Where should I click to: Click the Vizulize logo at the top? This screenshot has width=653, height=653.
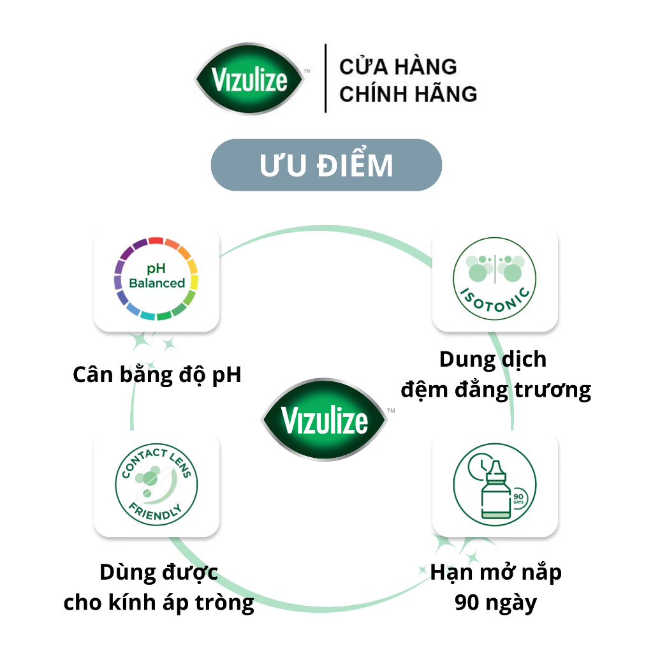250,78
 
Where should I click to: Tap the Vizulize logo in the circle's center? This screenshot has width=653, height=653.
325,420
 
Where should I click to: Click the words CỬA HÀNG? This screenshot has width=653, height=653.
398,66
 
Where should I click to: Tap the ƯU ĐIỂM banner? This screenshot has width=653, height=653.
326,165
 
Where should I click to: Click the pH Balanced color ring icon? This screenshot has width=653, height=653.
156,279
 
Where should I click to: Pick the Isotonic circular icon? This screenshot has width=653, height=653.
494,279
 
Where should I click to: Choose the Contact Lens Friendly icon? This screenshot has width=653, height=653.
156,484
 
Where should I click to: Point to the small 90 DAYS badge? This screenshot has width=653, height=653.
518,498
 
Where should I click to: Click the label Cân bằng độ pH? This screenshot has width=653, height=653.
157,375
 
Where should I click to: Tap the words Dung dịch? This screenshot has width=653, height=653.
493,359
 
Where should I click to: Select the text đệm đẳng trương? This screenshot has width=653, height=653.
495,390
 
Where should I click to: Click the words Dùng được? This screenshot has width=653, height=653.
159,572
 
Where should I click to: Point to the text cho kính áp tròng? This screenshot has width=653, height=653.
159,603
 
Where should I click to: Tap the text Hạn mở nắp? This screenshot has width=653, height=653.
495,572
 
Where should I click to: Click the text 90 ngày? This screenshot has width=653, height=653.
495,603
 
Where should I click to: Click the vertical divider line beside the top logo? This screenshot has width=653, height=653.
325,78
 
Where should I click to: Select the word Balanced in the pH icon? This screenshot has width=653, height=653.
157,283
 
